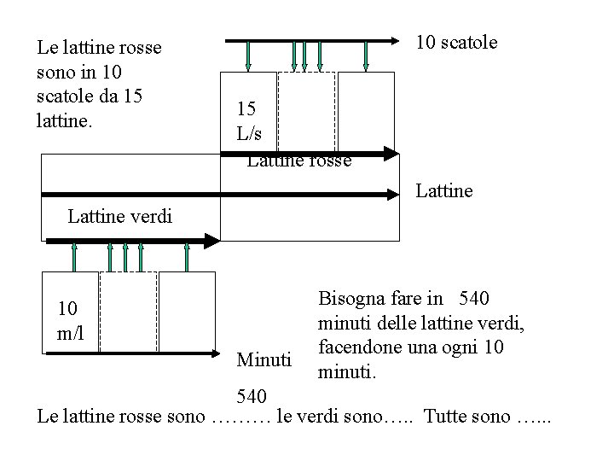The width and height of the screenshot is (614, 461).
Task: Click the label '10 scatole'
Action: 456,42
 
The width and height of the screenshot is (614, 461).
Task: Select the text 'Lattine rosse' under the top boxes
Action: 298,160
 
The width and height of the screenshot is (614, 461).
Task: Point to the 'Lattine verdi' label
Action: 119,217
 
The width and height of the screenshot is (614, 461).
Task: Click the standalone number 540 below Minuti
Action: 252,396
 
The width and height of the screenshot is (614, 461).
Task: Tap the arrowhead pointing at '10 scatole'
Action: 408,40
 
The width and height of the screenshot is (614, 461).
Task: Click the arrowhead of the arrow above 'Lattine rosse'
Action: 392,155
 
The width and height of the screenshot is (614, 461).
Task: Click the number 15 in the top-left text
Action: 132,94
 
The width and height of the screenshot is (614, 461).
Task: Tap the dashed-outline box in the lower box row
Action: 128,312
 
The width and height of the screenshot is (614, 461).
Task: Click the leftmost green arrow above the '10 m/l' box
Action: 74,255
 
